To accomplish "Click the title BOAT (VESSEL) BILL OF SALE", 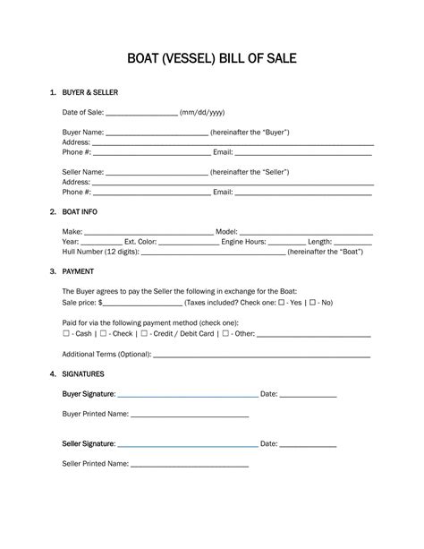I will coord(212,60).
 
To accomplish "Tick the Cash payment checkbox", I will coord(66,334).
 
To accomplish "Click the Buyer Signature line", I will coord(187,395).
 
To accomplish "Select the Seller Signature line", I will coord(187,445).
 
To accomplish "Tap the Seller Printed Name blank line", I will coord(190,466).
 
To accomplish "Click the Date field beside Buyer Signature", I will coord(309,395).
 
